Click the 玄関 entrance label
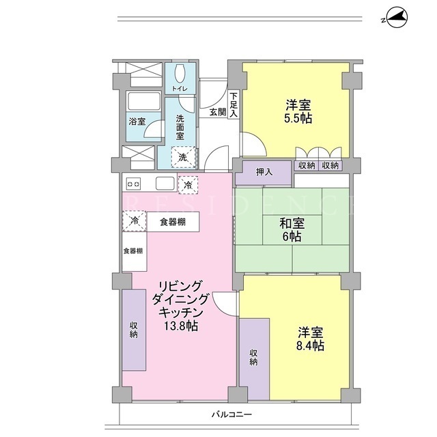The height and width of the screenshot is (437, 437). point(218,112)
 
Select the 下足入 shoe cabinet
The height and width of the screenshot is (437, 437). point(234,104)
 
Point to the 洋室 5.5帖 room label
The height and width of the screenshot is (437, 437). point(298,111)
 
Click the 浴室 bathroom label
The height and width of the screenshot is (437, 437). point(137,122)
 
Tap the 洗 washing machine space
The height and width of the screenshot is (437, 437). point(183,157)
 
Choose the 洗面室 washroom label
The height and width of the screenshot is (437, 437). point(180,128)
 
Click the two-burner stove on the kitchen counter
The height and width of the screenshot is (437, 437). point(133,184)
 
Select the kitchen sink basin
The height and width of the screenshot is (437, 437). point(165,184)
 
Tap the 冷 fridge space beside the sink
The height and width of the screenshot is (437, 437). point(188,185)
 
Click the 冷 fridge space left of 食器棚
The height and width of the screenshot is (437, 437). point(135,221)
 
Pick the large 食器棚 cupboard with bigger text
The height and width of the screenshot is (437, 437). point(173,222)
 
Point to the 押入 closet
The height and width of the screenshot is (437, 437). point(264,173)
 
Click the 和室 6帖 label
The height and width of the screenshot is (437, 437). point(292,230)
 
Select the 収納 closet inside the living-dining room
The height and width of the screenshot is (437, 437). point(134,330)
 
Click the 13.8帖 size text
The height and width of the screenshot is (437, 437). point(180,326)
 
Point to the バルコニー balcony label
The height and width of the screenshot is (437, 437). point(231,414)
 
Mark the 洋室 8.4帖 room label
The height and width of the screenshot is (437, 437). point(310,339)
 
